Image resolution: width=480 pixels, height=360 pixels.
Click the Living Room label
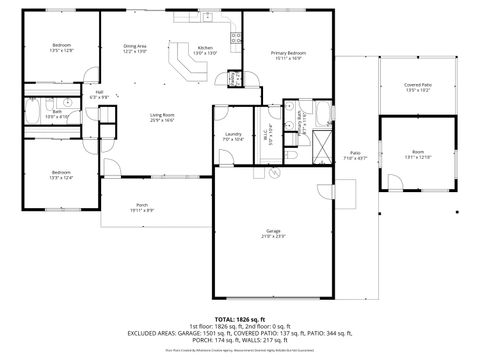[x=163, y=117]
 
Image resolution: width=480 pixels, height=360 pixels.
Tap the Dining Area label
[x=135, y=48]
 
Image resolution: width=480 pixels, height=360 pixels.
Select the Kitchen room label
[x=204, y=49]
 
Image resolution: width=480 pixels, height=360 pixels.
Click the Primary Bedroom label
[x=289, y=55]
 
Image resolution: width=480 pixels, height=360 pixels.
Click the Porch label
[x=141, y=208]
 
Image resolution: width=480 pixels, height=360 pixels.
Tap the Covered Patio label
[x=417, y=88]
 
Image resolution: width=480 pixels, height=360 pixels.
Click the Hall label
[x=100, y=95]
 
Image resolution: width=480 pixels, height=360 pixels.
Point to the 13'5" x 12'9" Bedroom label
[x=62, y=47]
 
